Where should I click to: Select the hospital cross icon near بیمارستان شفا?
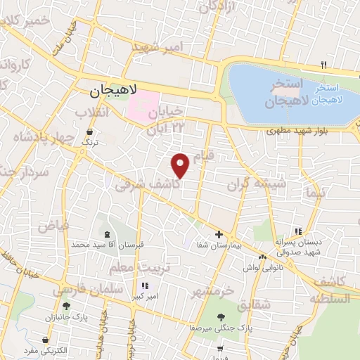pyautogui.click(x=219, y=234)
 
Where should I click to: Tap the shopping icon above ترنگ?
pyautogui.click(x=89, y=132)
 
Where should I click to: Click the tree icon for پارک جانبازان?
pyautogui.click(x=66, y=307)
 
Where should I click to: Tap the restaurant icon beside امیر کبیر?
pyautogui.click(x=146, y=285)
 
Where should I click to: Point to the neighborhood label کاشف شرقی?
pyautogui.click(x=143, y=183)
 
